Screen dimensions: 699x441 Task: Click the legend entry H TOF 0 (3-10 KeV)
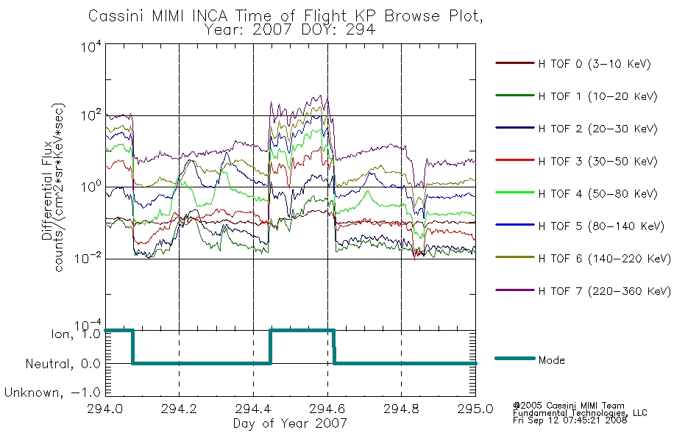pyautogui.click(x=595, y=64)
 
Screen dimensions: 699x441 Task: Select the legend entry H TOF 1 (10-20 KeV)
pyautogui.click(x=597, y=96)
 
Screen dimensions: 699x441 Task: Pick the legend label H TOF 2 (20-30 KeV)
pyautogui.click(x=597, y=129)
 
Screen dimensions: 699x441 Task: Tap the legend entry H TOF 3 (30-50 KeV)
pyautogui.click(x=597, y=161)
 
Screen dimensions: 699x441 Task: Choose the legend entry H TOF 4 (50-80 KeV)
pyautogui.click(x=597, y=194)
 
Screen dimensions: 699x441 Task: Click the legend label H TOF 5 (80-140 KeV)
pyautogui.click(x=601, y=226)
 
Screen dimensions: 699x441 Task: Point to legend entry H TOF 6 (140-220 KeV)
pyautogui.click(x=604, y=259)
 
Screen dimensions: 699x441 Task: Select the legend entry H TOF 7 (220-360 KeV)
pyautogui.click(x=604, y=291)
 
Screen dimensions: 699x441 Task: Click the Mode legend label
pyautogui.click(x=551, y=360)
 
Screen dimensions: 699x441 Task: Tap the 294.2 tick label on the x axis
pyautogui.click(x=179, y=409)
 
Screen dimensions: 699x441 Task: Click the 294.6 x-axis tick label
pyautogui.click(x=327, y=409)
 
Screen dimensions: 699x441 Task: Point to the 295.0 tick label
pyautogui.click(x=475, y=409)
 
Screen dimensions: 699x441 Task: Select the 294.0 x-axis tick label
pyautogui.click(x=104, y=409)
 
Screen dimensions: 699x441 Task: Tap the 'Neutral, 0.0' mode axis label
pyautogui.click(x=63, y=364)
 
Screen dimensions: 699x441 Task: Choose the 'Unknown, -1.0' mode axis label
pyautogui.click(x=52, y=392)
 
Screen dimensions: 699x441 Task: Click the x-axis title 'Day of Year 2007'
pyautogui.click(x=290, y=423)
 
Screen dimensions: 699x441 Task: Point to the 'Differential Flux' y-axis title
pyautogui.click(x=47, y=190)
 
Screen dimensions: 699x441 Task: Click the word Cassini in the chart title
pyautogui.click(x=117, y=16)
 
